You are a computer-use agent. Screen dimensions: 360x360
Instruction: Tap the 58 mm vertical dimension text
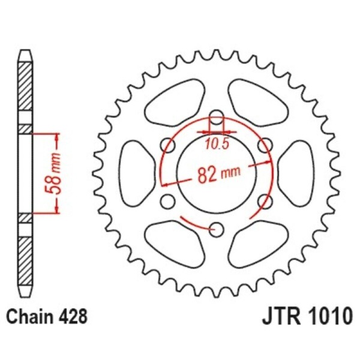click(x=55, y=173)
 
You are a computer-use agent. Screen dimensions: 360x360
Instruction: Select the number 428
click(x=75, y=316)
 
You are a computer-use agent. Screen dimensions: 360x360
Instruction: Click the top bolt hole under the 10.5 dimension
click(x=216, y=118)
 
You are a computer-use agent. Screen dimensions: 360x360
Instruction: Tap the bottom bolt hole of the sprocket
click(x=217, y=228)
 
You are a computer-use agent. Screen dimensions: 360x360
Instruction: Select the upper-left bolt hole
click(x=168, y=145)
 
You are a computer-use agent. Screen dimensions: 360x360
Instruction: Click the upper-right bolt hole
click(x=263, y=145)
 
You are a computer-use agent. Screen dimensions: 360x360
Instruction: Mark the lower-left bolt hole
click(x=169, y=200)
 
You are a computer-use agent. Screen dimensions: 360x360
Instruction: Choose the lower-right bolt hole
click(x=263, y=200)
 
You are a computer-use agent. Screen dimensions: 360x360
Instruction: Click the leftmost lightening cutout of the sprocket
click(x=135, y=173)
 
